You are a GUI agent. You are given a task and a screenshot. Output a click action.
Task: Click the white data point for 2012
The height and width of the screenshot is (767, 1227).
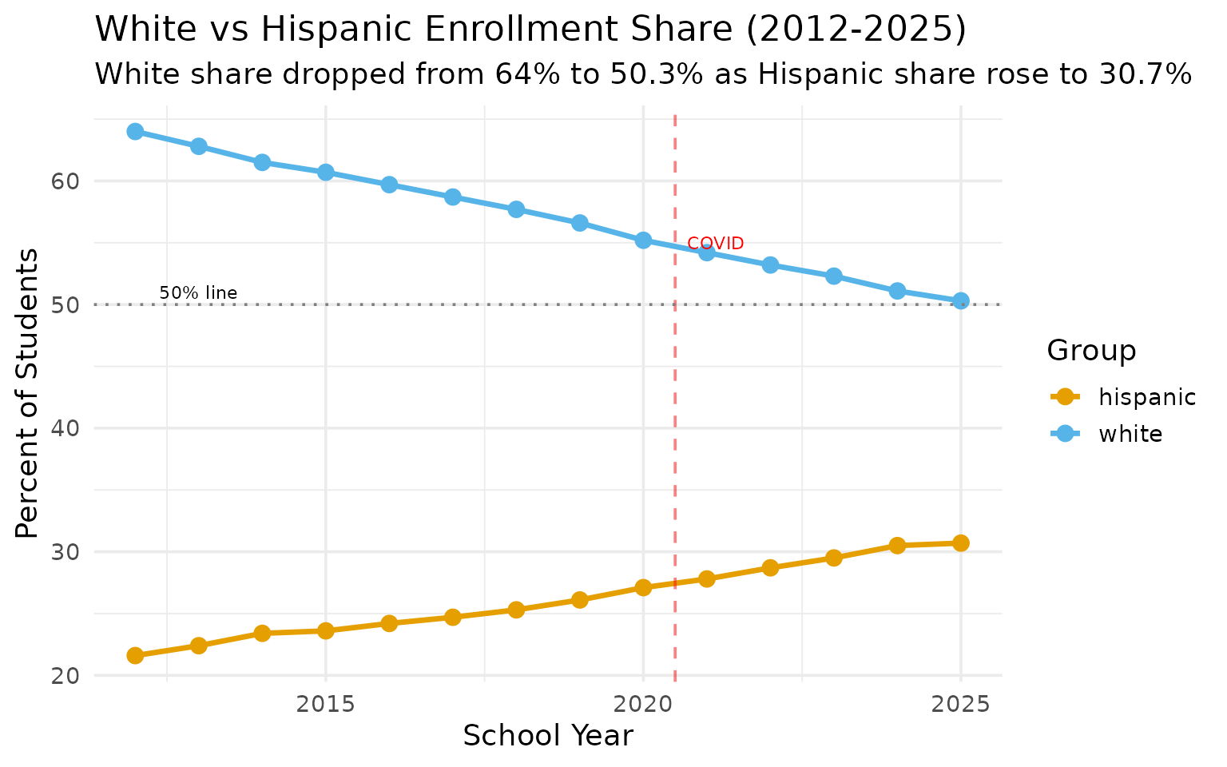pyautogui.click(x=135, y=131)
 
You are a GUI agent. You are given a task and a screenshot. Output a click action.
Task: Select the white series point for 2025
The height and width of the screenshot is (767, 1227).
pyautogui.click(x=960, y=301)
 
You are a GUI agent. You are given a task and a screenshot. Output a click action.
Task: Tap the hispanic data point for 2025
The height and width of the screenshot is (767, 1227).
pyautogui.click(x=960, y=543)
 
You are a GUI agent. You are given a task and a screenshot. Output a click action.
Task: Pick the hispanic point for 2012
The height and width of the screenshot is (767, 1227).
pyautogui.click(x=135, y=655)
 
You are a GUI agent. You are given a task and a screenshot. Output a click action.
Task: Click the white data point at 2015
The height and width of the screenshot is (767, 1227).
pyautogui.click(x=325, y=173)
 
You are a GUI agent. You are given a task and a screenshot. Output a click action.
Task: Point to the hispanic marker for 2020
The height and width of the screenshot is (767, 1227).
pyautogui.click(x=643, y=587)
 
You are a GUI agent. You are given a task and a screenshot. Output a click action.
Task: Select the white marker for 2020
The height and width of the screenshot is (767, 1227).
pyautogui.click(x=643, y=240)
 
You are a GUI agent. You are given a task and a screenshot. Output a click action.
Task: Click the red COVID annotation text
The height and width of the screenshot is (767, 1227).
pyautogui.click(x=715, y=244)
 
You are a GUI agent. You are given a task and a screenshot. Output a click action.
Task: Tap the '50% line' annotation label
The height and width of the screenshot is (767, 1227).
pyautogui.click(x=198, y=293)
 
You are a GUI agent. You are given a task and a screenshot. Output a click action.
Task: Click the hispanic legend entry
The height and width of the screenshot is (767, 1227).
pyautogui.click(x=1122, y=397)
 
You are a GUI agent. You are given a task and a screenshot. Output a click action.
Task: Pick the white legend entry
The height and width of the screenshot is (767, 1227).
pyautogui.click(x=1106, y=434)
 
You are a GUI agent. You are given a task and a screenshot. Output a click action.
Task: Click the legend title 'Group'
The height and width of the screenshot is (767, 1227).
pyautogui.click(x=1091, y=351)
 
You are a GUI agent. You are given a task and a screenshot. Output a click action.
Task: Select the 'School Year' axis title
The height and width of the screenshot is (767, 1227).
pyautogui.click(x=548, y=736)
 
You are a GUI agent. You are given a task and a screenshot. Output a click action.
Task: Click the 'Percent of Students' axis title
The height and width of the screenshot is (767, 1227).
pyautogui.click(x=28, y=393)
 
